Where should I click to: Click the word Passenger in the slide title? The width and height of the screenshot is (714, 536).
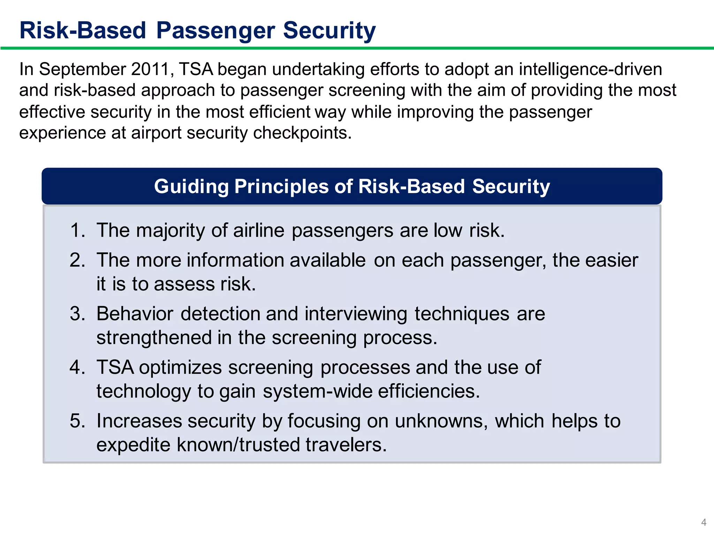click(x=215, y=31)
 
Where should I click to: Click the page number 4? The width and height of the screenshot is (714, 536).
click(x=704, y=522)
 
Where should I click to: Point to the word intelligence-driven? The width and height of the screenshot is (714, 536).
click(x=590, y=69)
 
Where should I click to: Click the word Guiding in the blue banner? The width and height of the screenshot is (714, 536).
click(x=191, y=186)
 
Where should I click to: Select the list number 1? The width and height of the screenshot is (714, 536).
click(x=77, y=231)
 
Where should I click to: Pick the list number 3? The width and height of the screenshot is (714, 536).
click(x=77, y=314)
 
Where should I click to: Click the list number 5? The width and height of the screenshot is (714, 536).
click(x=77, y=421)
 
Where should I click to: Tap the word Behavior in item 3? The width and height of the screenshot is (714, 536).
click(x=135, y=314)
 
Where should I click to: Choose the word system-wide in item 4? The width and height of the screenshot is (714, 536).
click(x=317, y=391)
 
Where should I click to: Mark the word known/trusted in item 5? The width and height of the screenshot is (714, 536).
click(x=238, y=445)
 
